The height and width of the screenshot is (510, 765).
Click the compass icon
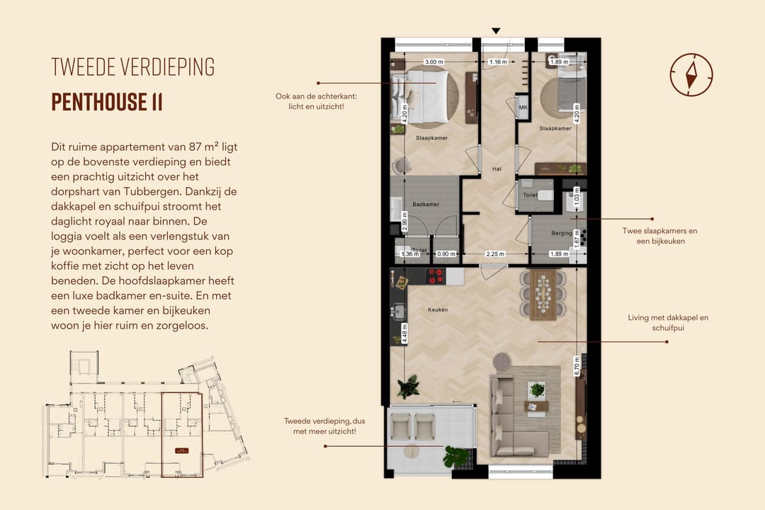click(x=691, y=74)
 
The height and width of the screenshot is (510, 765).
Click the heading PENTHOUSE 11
click(x=107, y=102)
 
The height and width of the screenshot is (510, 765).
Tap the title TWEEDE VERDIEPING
click(x=133, y=67)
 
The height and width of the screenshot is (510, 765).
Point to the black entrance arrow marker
click(x=496, y=30)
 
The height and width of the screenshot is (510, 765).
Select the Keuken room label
click(x=437, y=310)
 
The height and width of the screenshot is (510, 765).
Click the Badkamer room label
click(x=426, y=204)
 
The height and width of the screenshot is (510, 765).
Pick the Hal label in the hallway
click(x=497, y=169)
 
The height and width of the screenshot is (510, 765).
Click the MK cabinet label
click(x=523, y=108)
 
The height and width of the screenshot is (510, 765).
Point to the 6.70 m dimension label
click(x=578, y=365)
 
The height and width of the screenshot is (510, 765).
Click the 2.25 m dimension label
click(x=495, y=254)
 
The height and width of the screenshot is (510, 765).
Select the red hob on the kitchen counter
click(x=436, y=276)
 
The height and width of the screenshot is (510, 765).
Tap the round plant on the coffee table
click(x=537, y=390)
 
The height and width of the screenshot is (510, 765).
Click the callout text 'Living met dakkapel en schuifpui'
click(x=667, y=322)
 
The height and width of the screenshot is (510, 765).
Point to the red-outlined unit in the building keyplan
click(x=182, y=434)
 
